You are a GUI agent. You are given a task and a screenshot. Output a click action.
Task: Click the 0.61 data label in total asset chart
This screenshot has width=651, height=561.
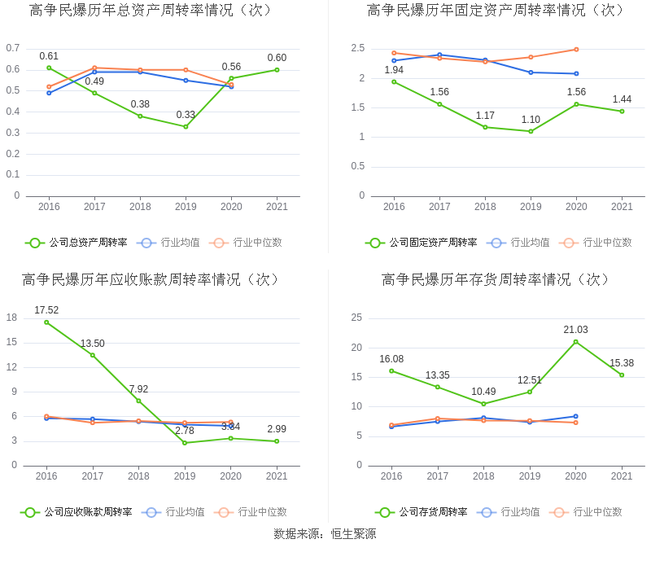49,56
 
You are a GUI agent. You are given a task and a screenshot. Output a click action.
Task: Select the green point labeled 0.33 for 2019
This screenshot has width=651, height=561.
186,126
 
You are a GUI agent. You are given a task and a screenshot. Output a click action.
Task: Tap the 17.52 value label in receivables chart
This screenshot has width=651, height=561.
46,310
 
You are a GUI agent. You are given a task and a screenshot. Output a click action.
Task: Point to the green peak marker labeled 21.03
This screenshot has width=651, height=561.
576,341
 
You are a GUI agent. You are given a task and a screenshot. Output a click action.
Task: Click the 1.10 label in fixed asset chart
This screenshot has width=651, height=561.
531,121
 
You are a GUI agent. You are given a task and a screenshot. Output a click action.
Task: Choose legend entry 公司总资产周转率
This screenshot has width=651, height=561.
77,243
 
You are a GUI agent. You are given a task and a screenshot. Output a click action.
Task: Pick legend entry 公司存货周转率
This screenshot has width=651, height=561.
422,512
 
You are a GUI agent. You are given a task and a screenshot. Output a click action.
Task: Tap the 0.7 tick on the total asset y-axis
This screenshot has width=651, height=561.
13,48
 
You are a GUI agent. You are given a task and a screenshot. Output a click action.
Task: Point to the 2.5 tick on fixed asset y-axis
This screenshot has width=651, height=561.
358,49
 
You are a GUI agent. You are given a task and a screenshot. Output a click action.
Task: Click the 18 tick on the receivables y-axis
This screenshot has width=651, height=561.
12,318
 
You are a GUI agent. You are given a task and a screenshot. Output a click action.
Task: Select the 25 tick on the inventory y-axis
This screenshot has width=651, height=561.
356,318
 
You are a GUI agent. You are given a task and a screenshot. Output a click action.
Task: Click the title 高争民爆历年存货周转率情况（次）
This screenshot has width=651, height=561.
496,280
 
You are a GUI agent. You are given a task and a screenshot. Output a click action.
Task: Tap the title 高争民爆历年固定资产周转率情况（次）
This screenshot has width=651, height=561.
496,11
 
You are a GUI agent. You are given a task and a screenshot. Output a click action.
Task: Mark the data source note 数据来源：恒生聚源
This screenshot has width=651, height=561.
325,534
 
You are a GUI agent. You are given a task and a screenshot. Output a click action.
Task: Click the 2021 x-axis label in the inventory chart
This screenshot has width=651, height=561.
622,476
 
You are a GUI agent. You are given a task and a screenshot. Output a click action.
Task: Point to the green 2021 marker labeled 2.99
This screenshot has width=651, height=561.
277,441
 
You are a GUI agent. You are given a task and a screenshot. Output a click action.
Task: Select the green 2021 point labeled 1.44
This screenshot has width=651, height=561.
622,111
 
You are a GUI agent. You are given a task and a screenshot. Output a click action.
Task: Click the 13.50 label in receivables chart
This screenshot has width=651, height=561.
92,344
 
